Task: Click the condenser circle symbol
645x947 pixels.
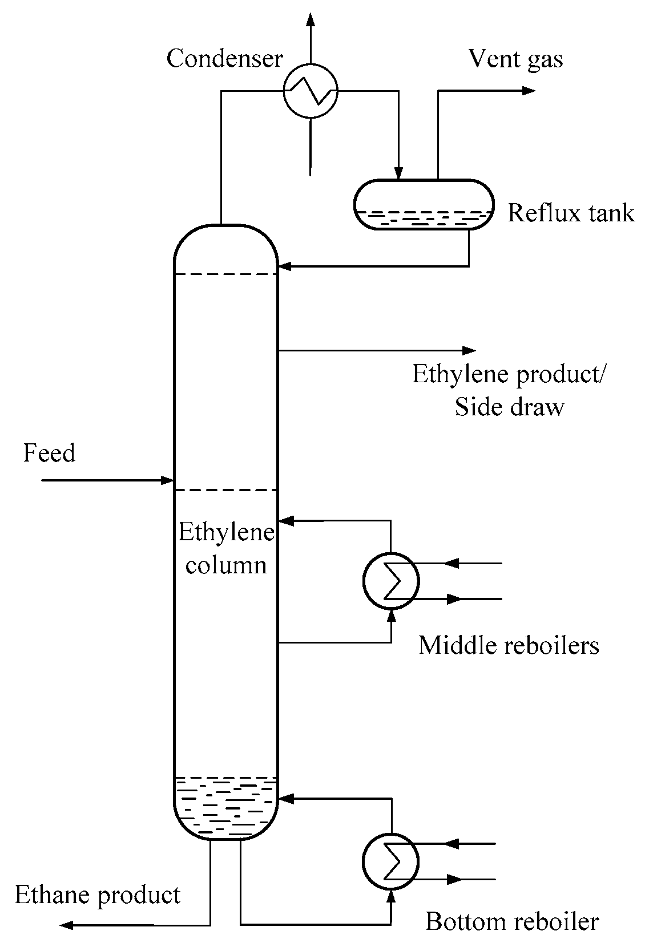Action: pyautogui.click(x=311, y=91)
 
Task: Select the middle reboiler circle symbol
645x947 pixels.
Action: pyautogui.click(x=391, y=581)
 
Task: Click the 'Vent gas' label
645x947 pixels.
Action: pyautogui.click(x=515, y=59)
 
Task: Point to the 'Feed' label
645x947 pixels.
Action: pyautogui.click(x=49, y=454)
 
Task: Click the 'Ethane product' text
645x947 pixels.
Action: pyautogui.click(x=98, y=894)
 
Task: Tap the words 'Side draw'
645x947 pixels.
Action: pyautogui.click(x=509, y=407)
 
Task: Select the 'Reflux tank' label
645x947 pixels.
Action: pyautogui.click(x=571, y=213)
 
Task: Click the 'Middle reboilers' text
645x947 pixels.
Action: pyautogui.click(x=509, y=645)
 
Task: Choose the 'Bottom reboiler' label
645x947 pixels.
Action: pyautogui.click(x=512, y=921)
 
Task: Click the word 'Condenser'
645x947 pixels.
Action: pyautogui.click(x=224, y=58)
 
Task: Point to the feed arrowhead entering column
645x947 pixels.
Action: pyautogui.click(x=167, y=480)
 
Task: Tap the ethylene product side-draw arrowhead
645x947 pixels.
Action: pyautogui.click(x=469, y=350)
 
